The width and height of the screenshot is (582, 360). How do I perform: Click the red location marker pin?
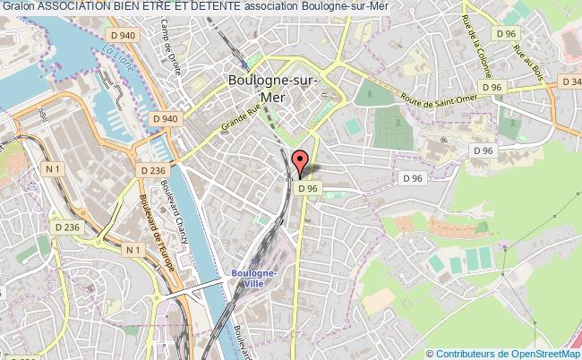[x=302, y=161]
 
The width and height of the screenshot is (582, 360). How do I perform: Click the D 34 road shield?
[x=570, y=81]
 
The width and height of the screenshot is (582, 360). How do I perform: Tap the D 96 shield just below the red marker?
[x=308, y=189]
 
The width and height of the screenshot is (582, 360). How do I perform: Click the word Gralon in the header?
[x=19, y=6]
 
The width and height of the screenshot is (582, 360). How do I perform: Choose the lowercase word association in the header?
[x=273, y=6]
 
